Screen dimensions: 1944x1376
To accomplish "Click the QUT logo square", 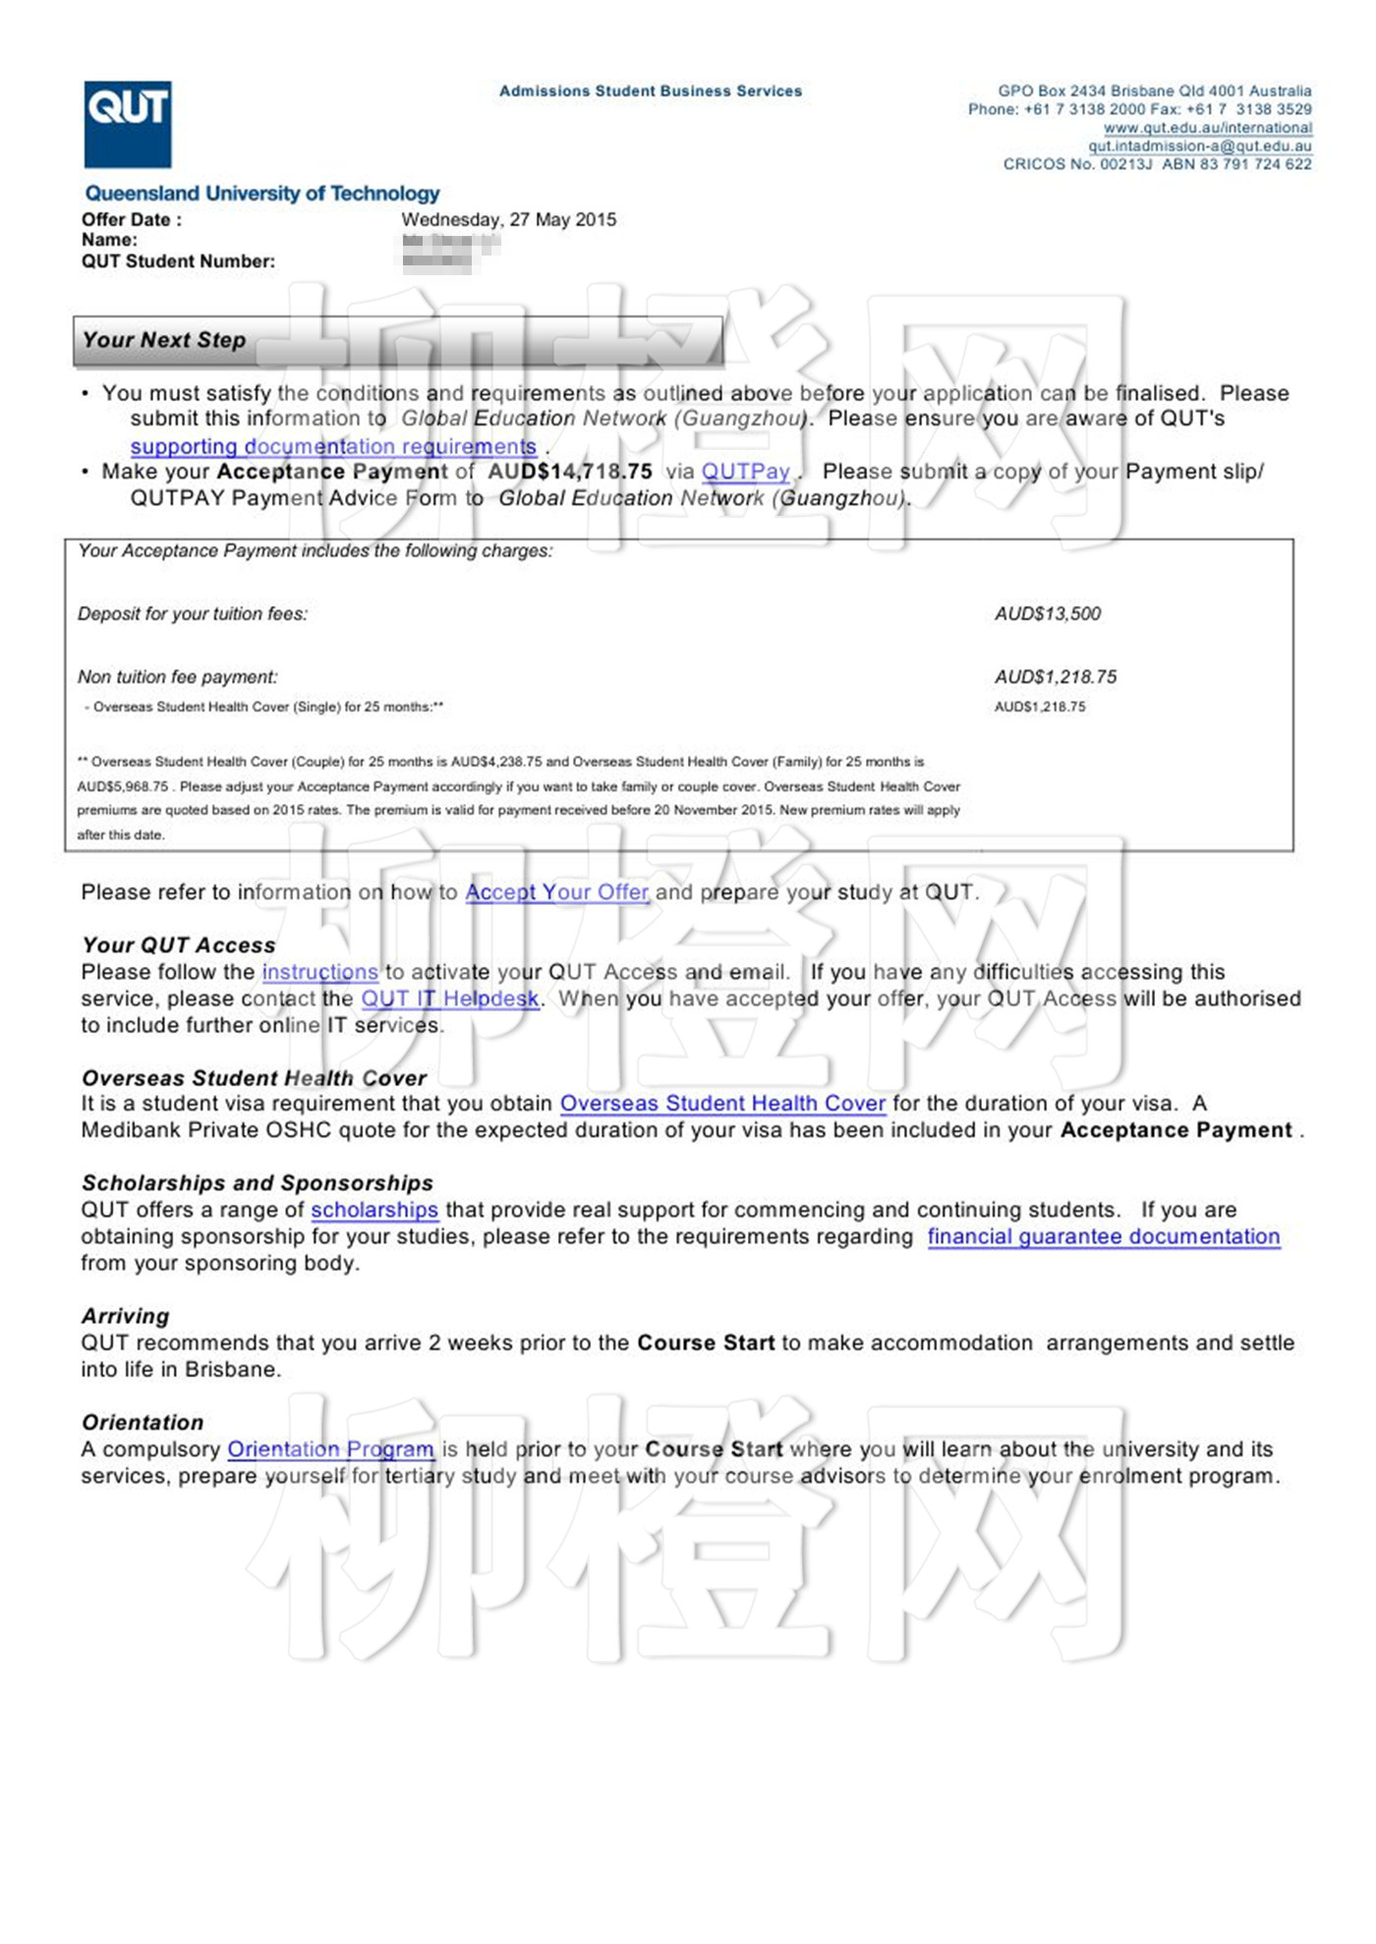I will click(128, 124).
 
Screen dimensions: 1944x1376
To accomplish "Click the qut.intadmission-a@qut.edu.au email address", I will click(1199, 146).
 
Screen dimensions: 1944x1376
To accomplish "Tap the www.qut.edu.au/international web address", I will click(1207, 128).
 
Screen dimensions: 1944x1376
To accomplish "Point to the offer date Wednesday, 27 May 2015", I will click(508, 220).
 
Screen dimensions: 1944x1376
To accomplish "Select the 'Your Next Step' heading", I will click(164, 340).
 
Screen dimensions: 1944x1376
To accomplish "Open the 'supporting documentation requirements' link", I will click(333, 446).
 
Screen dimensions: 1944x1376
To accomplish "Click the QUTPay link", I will click(745, 472).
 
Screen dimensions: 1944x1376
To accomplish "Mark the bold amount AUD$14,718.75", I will click(570, 472).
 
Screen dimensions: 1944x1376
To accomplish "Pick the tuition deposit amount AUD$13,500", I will click(1047, 614).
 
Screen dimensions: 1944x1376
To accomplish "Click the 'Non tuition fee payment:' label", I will click(178, 677).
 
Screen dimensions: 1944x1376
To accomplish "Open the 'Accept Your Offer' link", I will click(556, 892).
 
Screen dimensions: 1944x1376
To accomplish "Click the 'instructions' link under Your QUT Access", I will click(319, 972).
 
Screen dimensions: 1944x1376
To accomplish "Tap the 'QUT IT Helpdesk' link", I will click(450, 999).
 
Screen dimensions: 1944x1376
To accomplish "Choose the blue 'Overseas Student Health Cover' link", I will click(722, 1104).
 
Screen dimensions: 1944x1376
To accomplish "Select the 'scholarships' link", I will click(374, 1210).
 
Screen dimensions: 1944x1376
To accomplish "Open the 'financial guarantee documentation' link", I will click(1103, 1236).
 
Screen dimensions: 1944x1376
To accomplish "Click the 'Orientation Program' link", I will click(330, 1450).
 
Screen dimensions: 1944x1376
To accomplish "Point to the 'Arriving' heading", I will click(126, 1317).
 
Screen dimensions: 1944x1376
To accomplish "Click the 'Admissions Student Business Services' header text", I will click(650, 91).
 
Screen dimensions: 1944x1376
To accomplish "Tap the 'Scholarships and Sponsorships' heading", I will click(258, 1183).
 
